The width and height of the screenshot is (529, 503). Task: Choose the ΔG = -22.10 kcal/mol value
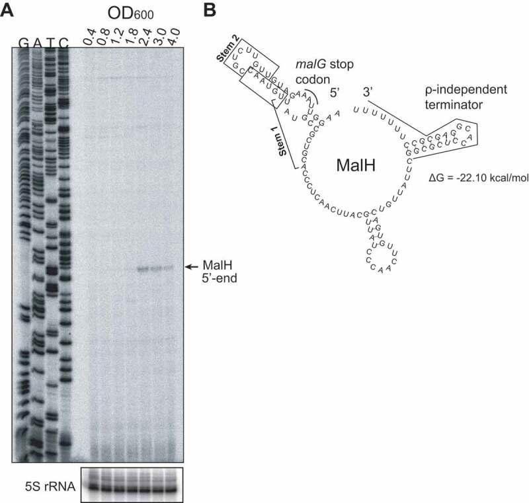pos(478,177)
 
